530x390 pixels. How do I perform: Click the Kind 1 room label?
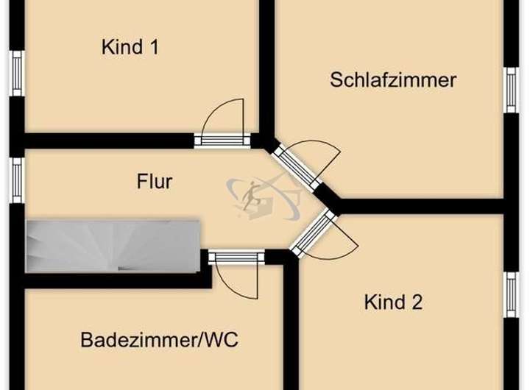tap(130, 48)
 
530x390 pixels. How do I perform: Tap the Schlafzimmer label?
tap(393, 79)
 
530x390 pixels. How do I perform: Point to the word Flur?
tap(155, 181)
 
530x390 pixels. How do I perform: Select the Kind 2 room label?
tap(393, 302)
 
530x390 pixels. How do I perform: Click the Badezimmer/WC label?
tap(159, 341)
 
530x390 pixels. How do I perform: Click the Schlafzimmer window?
tap(511, 90)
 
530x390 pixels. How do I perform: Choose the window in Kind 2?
tap(511, 294)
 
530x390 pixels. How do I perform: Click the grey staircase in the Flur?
tap(112, 246)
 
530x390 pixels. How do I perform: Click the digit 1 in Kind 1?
tap(154, 48)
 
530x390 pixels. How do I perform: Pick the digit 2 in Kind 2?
tap(417, 302)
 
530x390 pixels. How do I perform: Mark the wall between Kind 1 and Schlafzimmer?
tap(266, 66)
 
